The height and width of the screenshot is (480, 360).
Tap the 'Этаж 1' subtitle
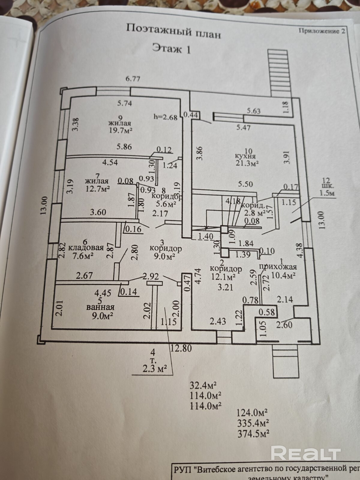(171, 49)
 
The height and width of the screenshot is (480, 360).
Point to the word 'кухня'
(245, 156)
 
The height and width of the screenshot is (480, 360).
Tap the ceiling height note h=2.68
(165, 116)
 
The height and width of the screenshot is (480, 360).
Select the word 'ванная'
(100, 307)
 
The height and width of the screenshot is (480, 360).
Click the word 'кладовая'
(86, 248)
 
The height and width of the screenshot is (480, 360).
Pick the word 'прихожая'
(277, 267)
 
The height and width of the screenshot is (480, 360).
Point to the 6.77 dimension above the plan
(133, 79)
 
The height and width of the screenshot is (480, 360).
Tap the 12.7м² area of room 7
(97, 189)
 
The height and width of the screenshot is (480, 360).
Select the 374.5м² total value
(253, 433)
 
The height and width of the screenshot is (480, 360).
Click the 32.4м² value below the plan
(203, 385)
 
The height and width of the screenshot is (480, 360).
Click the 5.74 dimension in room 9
(125, 103)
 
